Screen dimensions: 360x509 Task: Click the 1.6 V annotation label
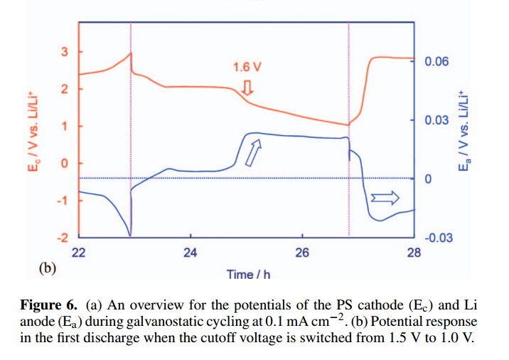tap(247, 68)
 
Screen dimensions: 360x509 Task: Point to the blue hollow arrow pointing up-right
tap(253, 152)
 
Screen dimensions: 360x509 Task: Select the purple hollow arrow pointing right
tap(387, 196)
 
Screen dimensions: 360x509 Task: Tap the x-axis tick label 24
tap(190, 253)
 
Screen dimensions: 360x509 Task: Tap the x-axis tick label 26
tap(302, 253)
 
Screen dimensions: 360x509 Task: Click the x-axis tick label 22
tap(79, 253)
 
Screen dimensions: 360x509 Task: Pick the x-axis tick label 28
tap(414, 253)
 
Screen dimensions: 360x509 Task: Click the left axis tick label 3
tap(63, 53)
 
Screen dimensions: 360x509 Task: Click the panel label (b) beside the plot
tap(46, 268)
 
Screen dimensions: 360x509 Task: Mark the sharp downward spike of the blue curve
tap(129, 233)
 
